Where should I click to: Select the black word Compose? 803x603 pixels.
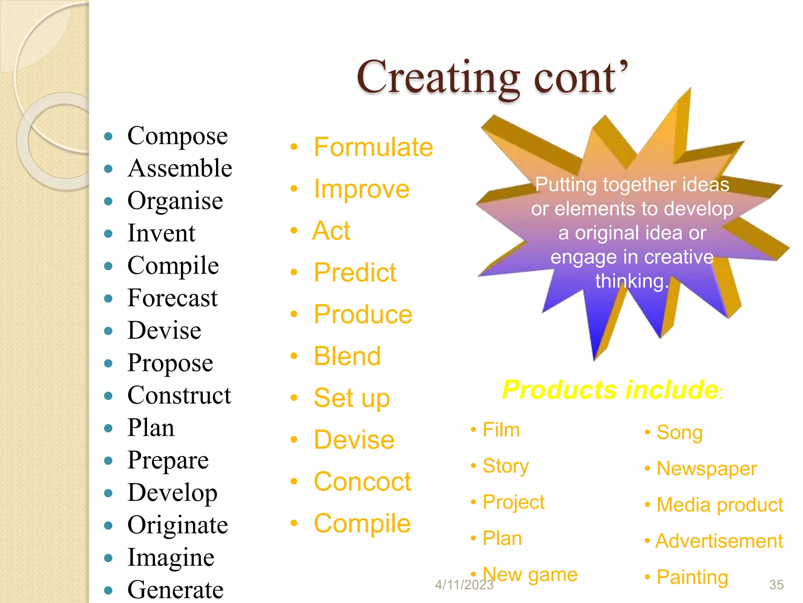(x=177, y=136)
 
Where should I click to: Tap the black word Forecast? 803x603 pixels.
(x=172, y=298)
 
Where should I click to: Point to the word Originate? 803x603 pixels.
(x=177, y=525)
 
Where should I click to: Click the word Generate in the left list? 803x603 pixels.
(x=175, y=589)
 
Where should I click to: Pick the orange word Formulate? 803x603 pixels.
(x=373, y=147)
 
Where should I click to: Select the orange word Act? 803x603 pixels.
(x=331, y=230)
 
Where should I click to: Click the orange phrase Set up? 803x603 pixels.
(x=352, y=398)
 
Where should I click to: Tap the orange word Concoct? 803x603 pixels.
(x=362, y=482)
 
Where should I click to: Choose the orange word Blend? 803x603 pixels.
(x=347, y=356)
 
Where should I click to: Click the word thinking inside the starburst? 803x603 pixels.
(x=631, y=281)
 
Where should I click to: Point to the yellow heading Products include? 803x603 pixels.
(x=610, y=390)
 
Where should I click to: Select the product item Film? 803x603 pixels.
(x=501, y=429)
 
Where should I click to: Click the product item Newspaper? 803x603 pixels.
(x=706, y=469)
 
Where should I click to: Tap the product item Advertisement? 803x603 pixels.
(x=719, y=541)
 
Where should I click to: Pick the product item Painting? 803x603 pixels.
(x=692, y=577)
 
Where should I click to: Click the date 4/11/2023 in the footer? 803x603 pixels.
(x=464, y=585)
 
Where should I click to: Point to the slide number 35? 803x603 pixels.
(x=776, y=585)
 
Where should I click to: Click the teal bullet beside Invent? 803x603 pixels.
(x=109, y=234)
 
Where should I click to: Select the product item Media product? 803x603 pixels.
(x=719, y=505)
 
